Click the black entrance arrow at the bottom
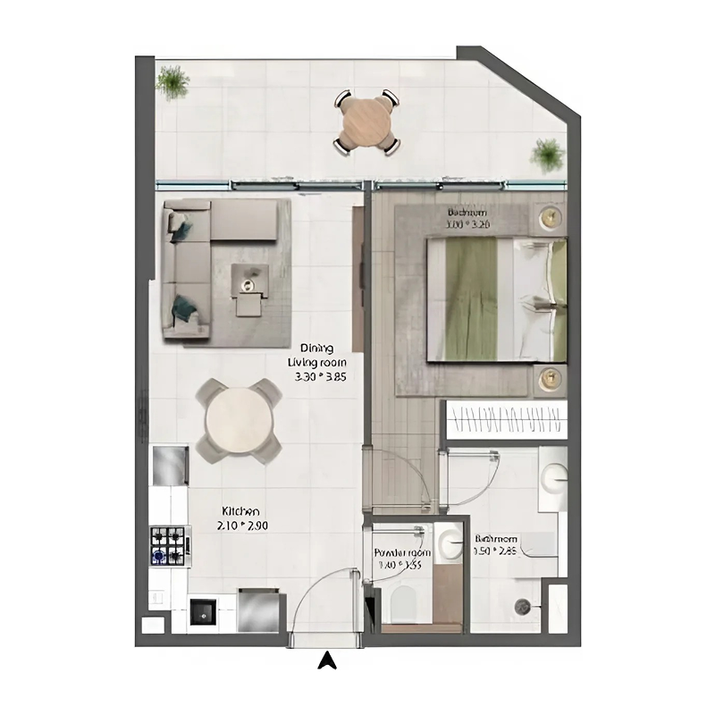tap(328, 660)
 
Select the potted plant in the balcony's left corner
tap(172, 82)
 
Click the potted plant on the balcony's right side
tap(548, 155)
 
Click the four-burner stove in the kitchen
tap(170, 545)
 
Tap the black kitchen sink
tap(200, 613)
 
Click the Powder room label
tap(401, 559)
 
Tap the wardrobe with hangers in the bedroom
tap(506, 418)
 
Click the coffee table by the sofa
tap(249, 281)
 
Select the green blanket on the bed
tap(472, 298)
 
